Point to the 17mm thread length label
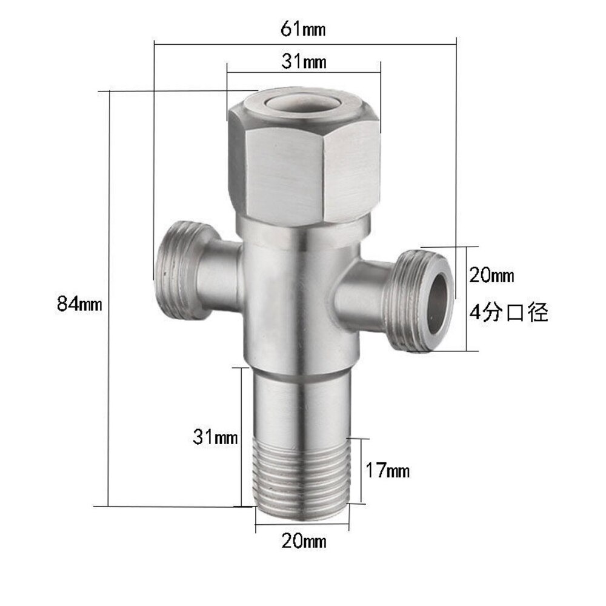tap(388, 470)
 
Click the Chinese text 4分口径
tap(509, 313)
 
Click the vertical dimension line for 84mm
tap(108, 297)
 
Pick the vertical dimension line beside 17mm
tap(362, 470)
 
